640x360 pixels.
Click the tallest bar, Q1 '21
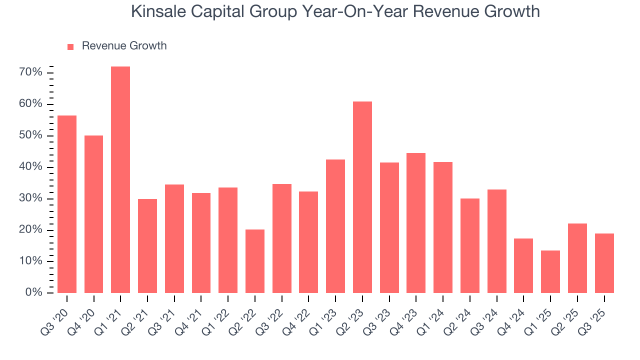[x=120, y=180]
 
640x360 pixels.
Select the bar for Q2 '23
[x=362, y=197]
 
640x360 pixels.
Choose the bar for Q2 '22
[x=255, y=261]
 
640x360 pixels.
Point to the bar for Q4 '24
[x=523, y=265]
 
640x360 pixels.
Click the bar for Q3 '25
[x=604, y=263]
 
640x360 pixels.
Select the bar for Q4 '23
[x=416, y=223]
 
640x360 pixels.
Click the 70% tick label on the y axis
[x=30, y=72]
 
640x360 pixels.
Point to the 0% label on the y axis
[x=33, y=292]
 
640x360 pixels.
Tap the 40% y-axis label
[x=30, y=167]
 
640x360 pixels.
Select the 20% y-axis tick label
[x=30, y=230]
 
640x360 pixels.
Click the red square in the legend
[x=70, y=46]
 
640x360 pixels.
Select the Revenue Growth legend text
[x=124, y=46]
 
